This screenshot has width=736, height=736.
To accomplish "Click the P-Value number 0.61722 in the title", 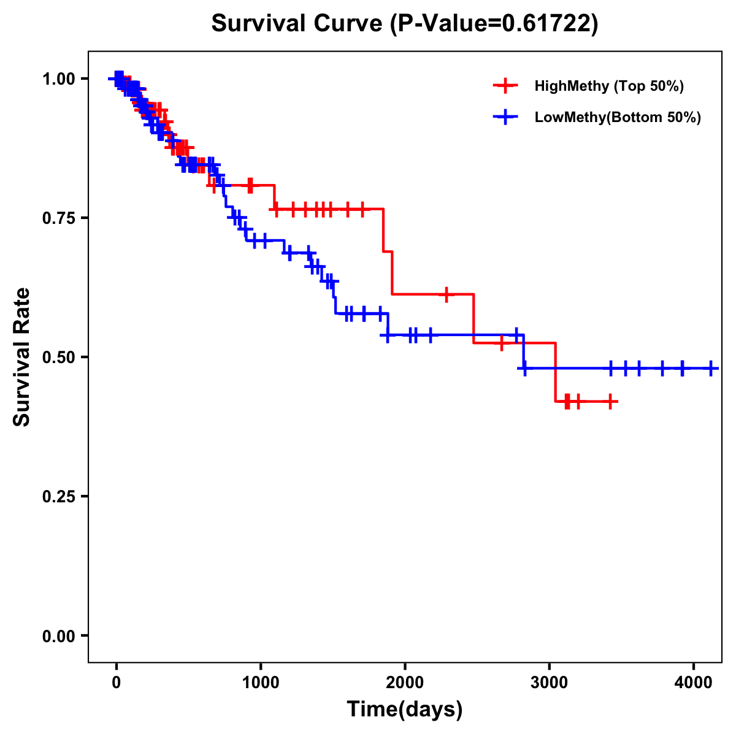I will [547, 23].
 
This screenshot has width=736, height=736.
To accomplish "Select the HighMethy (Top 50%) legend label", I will [608, 86].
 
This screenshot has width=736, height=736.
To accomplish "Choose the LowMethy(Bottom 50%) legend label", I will [617, 117].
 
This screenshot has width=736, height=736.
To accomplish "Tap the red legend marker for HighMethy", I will [505, 86].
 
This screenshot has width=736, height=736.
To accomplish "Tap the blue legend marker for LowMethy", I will [505, 117].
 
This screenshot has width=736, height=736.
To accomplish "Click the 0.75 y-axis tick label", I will [59, 218].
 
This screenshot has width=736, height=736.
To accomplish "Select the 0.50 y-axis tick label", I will [59, 357].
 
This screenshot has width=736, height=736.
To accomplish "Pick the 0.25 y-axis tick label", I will [59, 496].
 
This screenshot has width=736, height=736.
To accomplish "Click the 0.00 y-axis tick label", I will [59, 635].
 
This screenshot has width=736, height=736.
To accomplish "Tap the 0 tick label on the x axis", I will [117, 681].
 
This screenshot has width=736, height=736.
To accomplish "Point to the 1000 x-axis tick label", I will [261, 681].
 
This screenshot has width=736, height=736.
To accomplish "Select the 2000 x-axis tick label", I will [405, 681].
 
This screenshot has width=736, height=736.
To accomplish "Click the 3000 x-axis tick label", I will [550, 681].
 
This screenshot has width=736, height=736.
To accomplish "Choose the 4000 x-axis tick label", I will [694, 681].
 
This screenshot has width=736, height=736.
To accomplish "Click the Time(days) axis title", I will [405, 709].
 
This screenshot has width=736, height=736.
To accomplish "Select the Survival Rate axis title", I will [22, 357].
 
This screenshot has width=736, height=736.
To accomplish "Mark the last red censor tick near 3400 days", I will [610, 401].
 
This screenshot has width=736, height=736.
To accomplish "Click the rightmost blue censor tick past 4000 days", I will [710, 368].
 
